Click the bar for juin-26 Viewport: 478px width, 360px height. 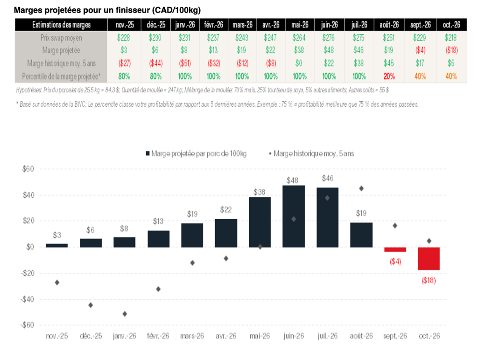pyautogui.click(x=294, y=216)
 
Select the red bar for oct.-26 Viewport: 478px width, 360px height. pyautogui.click(x=429, y=258)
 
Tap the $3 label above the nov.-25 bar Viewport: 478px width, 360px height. pyautogui.click(x=56, y=235)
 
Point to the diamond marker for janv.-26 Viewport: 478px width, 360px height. pyautogui.click(x=125, y=314)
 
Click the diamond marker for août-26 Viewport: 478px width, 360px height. pyautogui.click(x=361, y=188)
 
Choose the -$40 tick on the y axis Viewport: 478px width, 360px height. pyautogui.click(x=28, y=299)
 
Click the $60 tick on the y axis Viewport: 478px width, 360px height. pyautogui.click(x=29, y=169)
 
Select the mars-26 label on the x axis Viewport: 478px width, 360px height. pyautogui.click(x=192, y=335)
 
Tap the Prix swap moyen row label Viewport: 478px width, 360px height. pyautogui.click(x=62, y=38)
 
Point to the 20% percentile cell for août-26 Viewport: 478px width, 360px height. pyautogui.click(x=389, y=76)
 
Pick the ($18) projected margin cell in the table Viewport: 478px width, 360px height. pyautogui.click(x=450, y=50)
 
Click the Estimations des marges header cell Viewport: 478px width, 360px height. pyautogui.click(x=62, y=25)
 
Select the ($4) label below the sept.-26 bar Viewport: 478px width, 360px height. pyautogui.click(x=395, y=262)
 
